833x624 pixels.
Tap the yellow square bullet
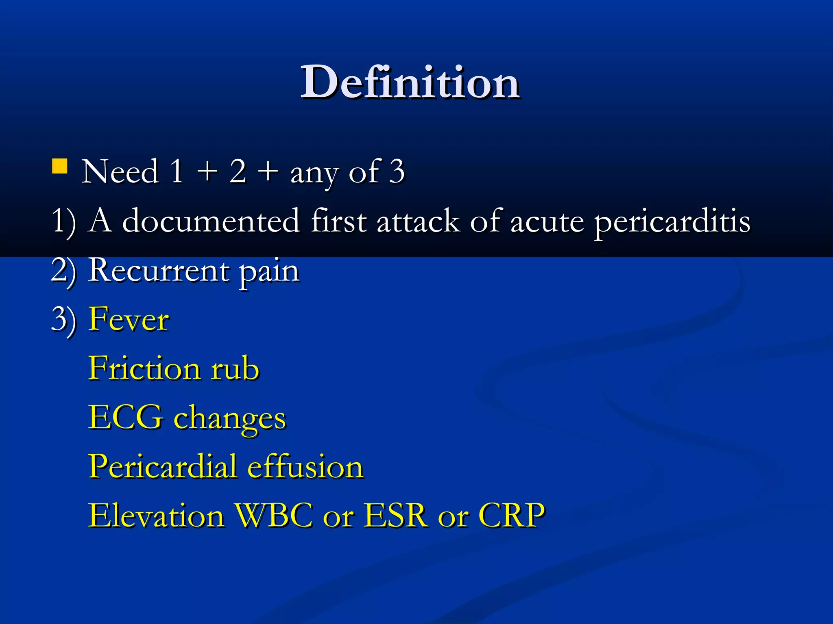click(60, 166)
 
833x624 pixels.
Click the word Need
click(120, 172)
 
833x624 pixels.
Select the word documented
click(211, 221)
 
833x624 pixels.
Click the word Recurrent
click(159, 270)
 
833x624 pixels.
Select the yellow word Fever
click(129, 319)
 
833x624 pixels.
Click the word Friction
click(144, 368)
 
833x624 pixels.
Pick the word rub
click(235, 368)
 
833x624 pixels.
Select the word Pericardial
click(163, 466)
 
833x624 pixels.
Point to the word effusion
click(305, 466)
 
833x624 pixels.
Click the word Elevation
click(156, 516)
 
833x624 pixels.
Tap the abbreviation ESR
click(396, 516)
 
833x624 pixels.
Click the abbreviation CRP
click(511, 516)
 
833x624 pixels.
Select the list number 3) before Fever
click(63, 320)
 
